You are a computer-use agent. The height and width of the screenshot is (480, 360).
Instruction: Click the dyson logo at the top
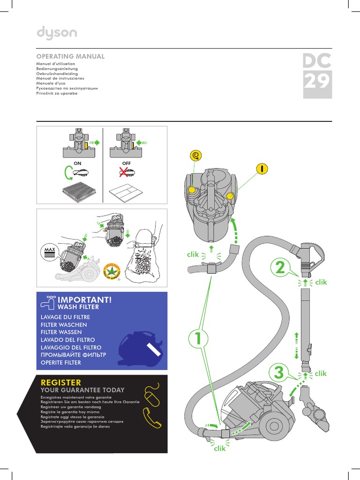57,33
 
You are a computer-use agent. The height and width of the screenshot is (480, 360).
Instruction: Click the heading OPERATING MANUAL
70,56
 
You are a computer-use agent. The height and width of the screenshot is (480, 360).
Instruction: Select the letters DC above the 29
317,61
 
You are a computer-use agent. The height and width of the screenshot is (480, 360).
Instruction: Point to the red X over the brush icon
125,172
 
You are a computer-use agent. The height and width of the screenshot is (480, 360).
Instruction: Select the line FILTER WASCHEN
64,325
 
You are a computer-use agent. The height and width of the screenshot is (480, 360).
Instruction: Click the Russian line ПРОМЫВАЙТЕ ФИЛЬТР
73,355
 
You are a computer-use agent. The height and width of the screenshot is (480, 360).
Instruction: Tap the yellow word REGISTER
61,382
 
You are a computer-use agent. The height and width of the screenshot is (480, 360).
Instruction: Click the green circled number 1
197,339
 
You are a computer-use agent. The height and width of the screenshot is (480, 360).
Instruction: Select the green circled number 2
279,269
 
